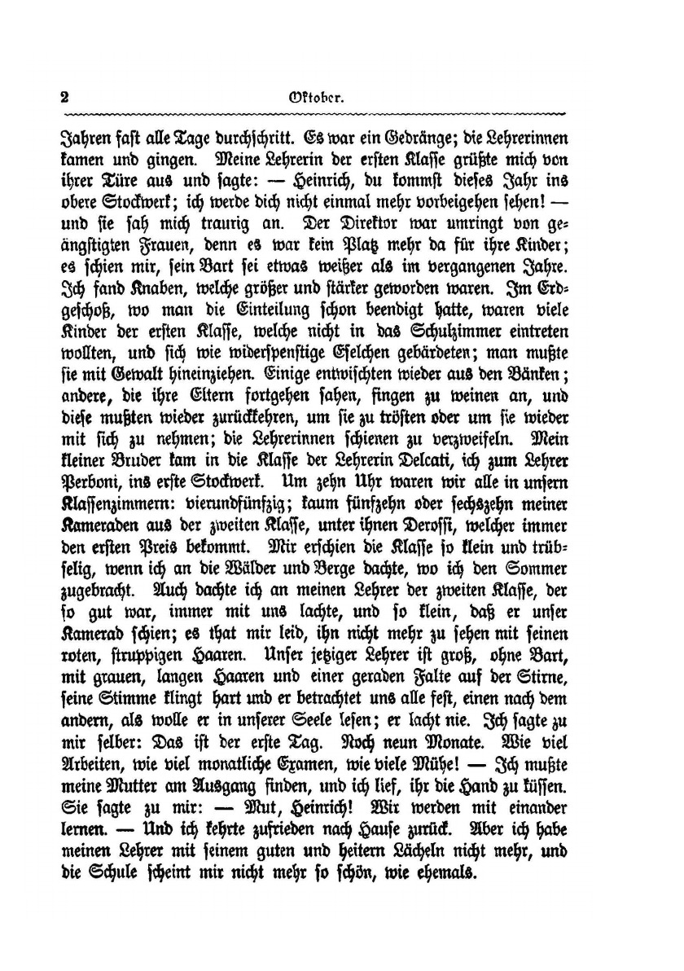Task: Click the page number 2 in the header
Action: click(64, 95)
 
